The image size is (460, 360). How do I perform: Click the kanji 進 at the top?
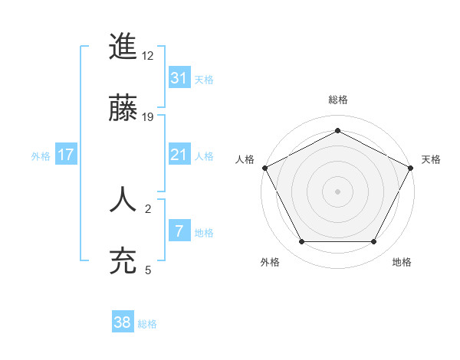[x=123, y=47]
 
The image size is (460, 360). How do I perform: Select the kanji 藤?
[x=123, y=108]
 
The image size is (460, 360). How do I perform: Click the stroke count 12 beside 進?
[x=148, y=55]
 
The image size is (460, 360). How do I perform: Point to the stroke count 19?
[x=148, y=116]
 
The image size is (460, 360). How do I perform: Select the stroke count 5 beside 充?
[x=148, y=270]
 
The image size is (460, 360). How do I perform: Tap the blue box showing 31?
[x=179, y=78]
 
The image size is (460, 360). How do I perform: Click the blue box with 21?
[x=179, y=155]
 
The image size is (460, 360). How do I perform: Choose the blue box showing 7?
[x=179, y=231]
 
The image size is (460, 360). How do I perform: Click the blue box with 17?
[x=66, y=155]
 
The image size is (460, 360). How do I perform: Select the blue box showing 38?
[x=123, y=323]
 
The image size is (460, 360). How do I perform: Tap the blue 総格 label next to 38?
[x=147, y=325]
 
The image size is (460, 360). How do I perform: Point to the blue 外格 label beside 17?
[x=41, y=156]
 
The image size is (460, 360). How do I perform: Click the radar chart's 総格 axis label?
[x=337, y=100]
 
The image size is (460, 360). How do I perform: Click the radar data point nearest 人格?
[x=264, y=167]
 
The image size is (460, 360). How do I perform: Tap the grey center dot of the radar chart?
[x=337, y=191]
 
